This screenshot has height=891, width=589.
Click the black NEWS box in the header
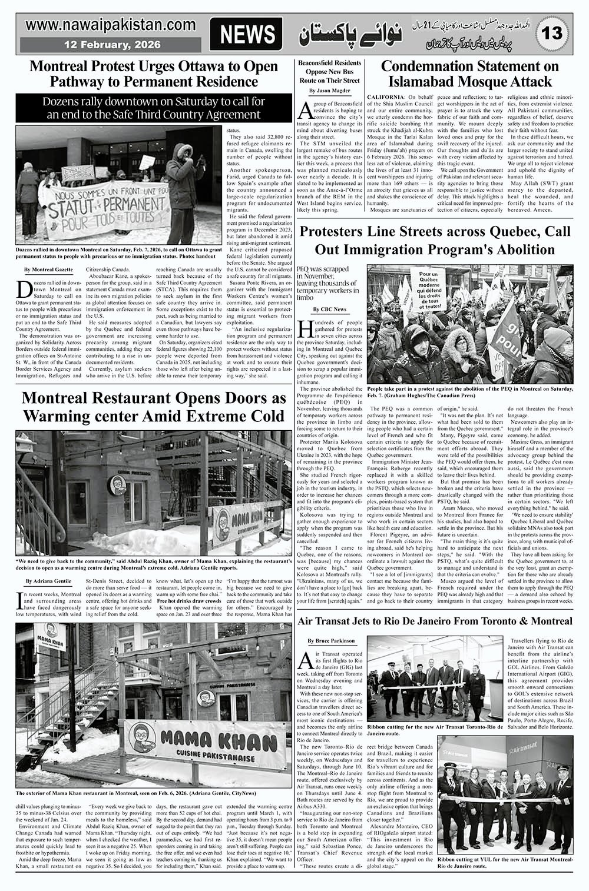[247, 35]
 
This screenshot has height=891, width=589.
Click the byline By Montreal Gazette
[49, 269]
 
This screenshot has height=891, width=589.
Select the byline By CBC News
[330, 309]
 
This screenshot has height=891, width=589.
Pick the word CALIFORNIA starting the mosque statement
[385, 96]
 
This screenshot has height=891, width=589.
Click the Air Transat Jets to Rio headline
[435, 621]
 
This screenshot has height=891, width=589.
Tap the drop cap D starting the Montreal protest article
[25, 290]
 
